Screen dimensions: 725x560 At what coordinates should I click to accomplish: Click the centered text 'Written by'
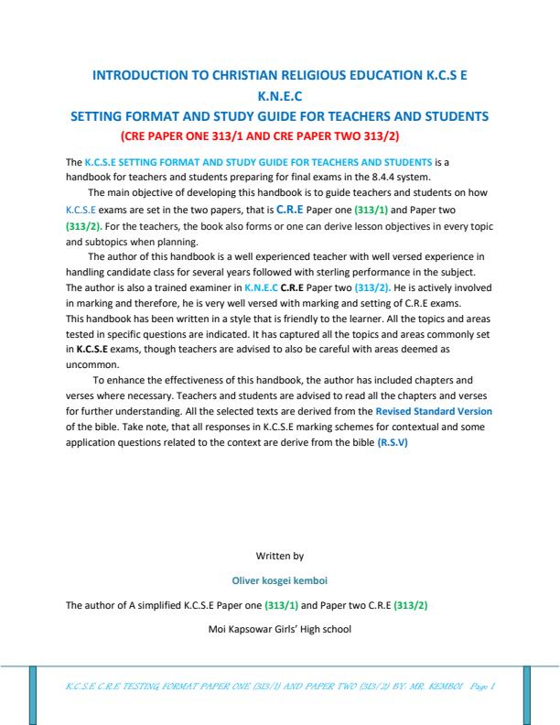tap(280, 555)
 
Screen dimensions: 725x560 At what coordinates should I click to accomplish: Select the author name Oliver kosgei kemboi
tap(280, 579)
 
